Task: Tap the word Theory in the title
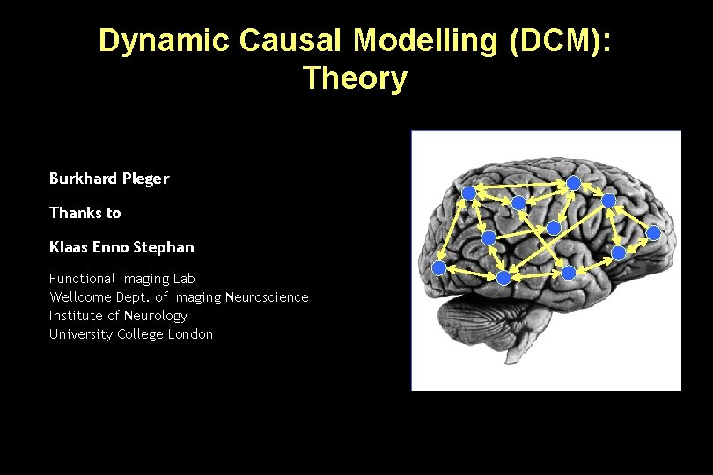[x=355, y=78]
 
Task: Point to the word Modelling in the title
[x=413, y=40]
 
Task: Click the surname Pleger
[x=146, y=179]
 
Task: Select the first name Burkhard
[x=83, y=179]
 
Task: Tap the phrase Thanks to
[x=85, y=213]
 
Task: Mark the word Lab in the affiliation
[x=184, y=279]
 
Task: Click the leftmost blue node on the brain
[x=438, y=267]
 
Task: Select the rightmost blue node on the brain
[x=653, y=233]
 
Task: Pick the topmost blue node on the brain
[x=573, y=183]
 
